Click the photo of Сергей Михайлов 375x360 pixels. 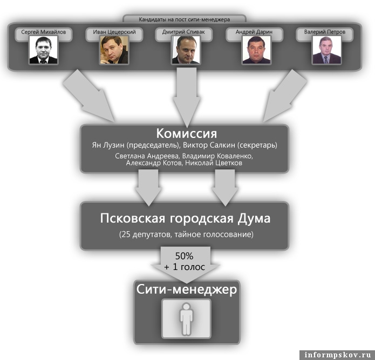point(43,50)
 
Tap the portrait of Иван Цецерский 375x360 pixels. point(114,50)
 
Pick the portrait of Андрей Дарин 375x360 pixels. point(256,50)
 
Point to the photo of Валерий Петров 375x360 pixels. point(327,50)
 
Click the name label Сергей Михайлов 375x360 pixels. point(43,32)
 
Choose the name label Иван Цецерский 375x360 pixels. point(114,32)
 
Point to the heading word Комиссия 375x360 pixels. point(187,133)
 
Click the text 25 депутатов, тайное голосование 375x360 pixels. point(186,235)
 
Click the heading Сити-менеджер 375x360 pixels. point(186,289)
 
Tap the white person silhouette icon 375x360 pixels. point(186,319)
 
